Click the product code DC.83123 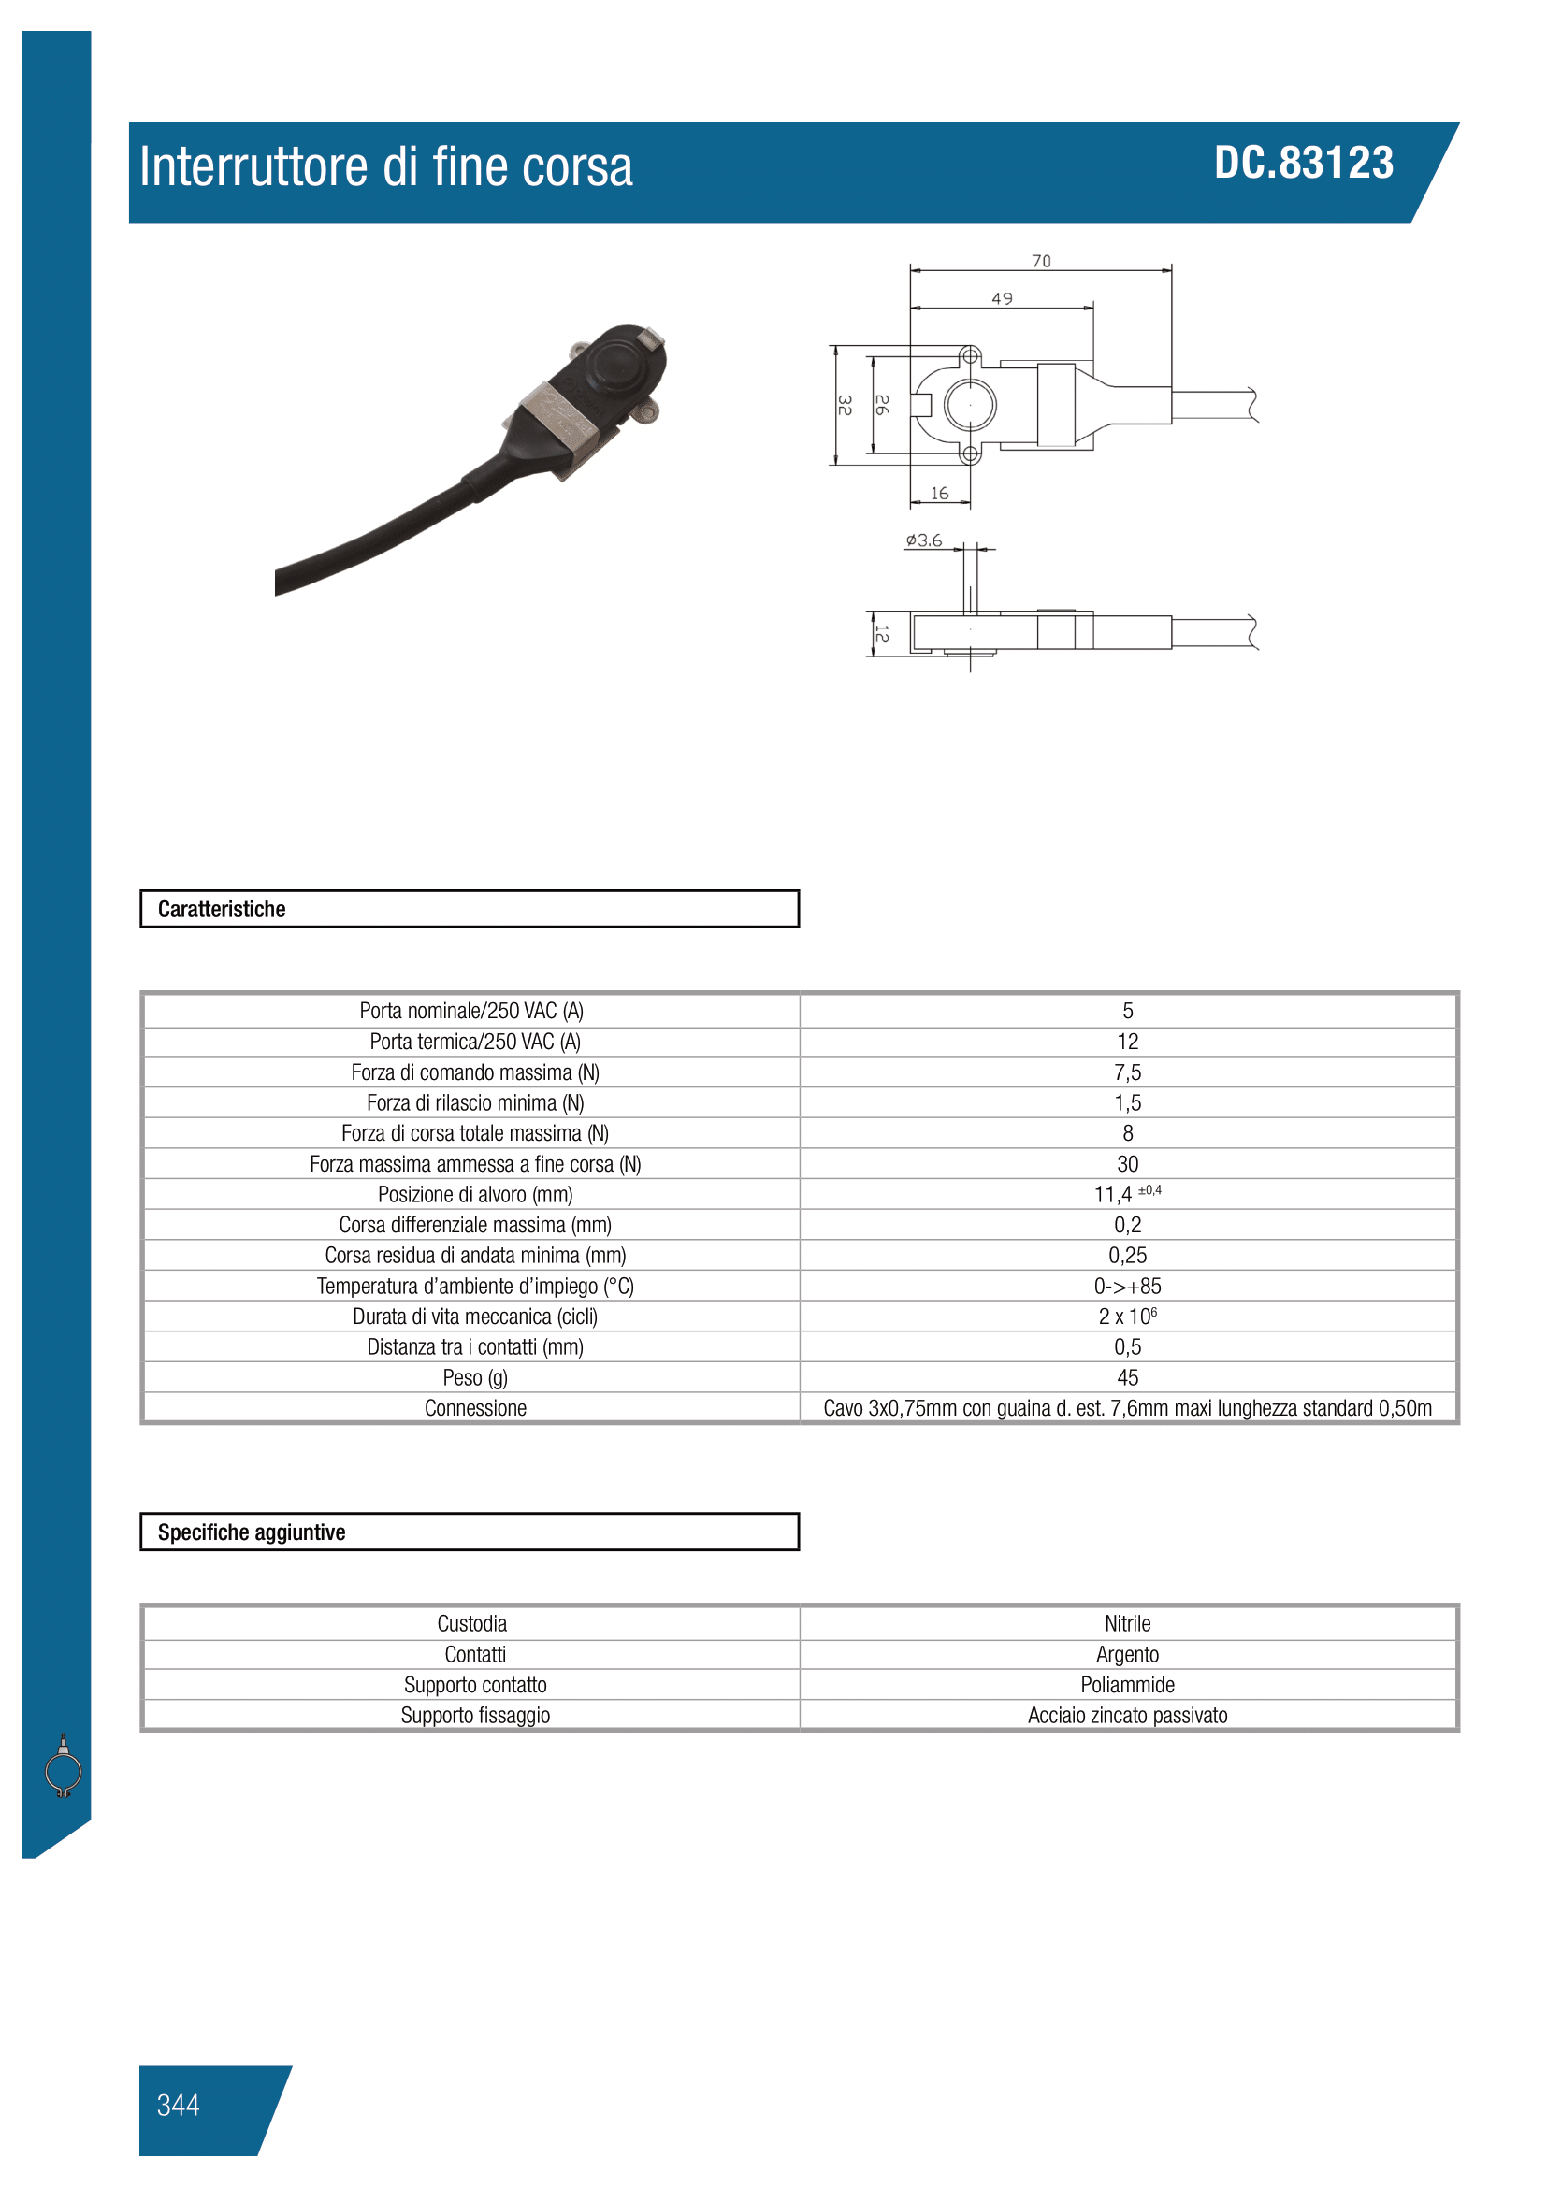click(x=1303, y=163)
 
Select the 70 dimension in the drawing click(x=1041, y=261)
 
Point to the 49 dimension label click(x=1002, y=299)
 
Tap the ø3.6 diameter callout click(x=923, y=540)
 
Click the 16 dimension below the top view click(x=939, y=494)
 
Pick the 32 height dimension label click(x=844, y=405)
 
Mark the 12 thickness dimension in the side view click(x=882, y=633)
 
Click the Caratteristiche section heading click(x=222, y=909)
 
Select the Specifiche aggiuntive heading click(x=252, y=1532)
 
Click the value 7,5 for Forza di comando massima click(x=1127, y=1072)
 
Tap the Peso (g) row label click(x=474, y=1377)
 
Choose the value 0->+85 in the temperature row click(x=1127, y=1286)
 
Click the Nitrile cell click(x=1127, y=1623)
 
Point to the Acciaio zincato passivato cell click(x=1127, y=1715)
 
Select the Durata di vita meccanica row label click(x=474, y=1317)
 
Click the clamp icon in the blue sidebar click(x=63, y=1767)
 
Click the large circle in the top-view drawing click(x=970, y=405)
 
